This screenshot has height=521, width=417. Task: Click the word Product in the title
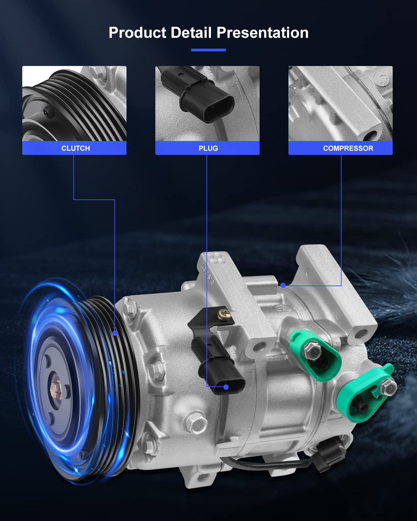(x=137, y=33)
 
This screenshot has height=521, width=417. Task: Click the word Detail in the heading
(x=191, y=33)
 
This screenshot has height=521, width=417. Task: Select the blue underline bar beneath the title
(x=208, y=50)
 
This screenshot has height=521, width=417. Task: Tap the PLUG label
(x=208, y=148)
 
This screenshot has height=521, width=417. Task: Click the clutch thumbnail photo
(x=74, y=104)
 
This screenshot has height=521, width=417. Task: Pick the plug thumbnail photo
(x=207, y=104)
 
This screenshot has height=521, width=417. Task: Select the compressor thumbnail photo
(x=340, y=104)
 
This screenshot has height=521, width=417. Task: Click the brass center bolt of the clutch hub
(x=56, y=388)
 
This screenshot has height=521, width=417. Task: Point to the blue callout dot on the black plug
(x=226, y=387)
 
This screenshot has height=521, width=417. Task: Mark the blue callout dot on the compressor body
(x=283, y=285)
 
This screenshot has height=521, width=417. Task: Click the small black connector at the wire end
(x=332, y=453)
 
